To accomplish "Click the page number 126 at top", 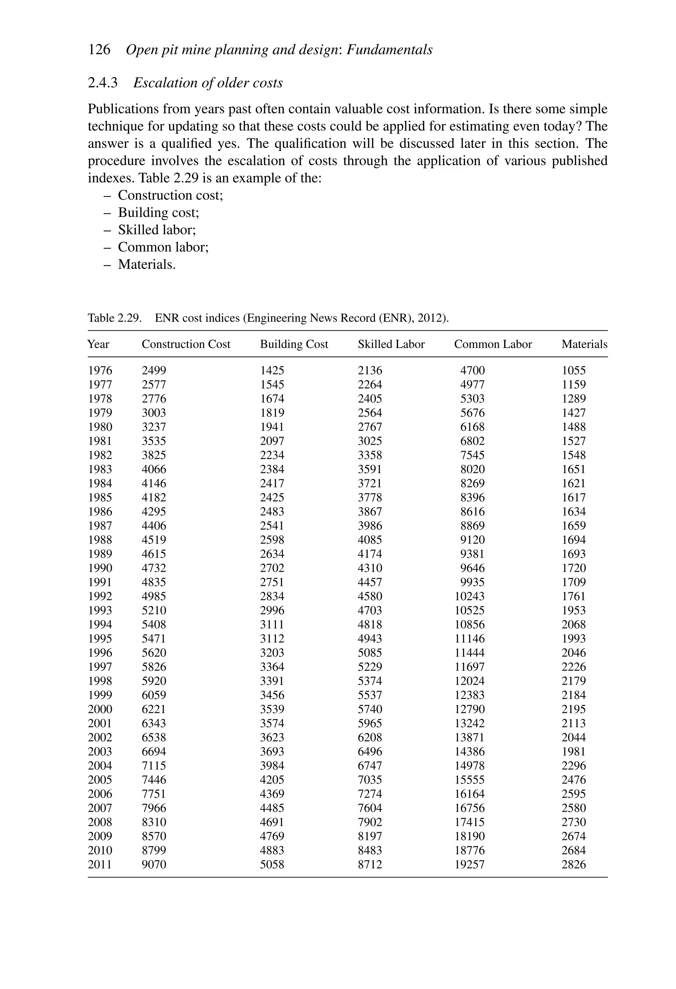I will click(99, 50).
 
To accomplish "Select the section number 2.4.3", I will click(102, 83).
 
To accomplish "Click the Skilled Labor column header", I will click(391, 344).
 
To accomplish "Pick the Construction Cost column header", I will click(186, 344).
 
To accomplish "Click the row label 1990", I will click(100, 568).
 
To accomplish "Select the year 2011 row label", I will click(100, 864).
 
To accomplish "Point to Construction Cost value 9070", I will click(153, 864).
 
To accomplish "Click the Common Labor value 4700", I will click(472, 371).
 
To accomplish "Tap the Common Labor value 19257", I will click(469, 864).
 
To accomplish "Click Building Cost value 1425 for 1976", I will click(272, 371).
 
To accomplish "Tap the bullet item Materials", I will click(146, 264).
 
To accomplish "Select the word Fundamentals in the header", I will click(389, 50).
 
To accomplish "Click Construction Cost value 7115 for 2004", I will click(153, 766).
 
